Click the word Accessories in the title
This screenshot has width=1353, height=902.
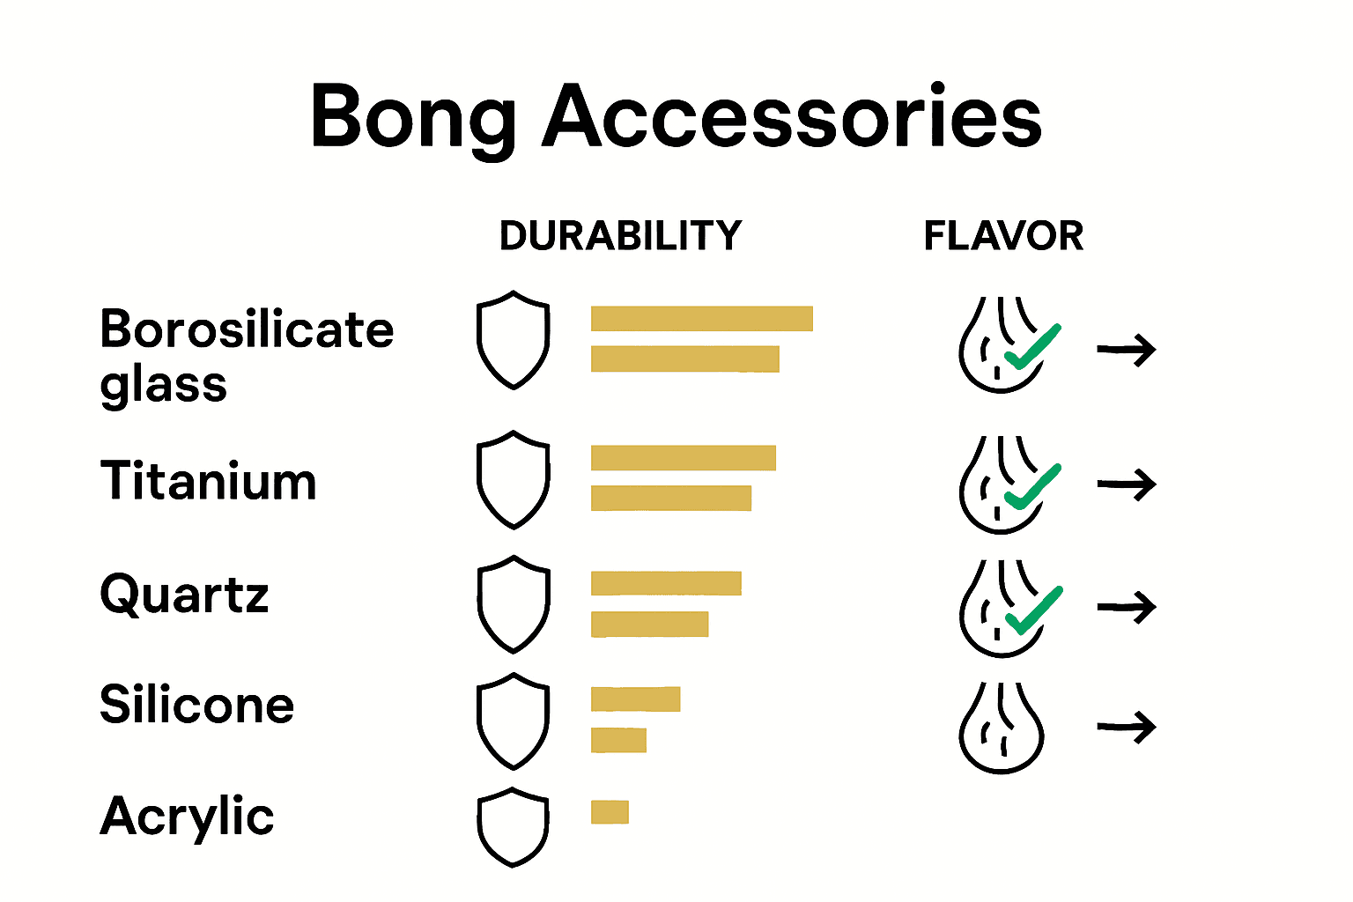[793, 117]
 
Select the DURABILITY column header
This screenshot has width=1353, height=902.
[620, 236]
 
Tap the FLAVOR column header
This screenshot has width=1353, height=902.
[1003, 236]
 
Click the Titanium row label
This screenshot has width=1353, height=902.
[208, 482]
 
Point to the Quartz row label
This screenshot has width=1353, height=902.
[184, 595]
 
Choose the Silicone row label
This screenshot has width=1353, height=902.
[196, 705]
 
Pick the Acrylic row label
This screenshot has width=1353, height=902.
[187, 817]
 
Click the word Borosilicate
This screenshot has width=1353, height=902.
[247, 329]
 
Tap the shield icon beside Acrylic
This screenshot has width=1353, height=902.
[513, 826]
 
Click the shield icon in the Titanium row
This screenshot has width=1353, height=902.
[513, 480]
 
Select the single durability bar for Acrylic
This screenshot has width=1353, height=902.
[610, 811]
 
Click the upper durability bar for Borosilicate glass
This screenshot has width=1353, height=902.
[701, 318]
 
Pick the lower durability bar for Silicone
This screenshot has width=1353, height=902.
[618, 740]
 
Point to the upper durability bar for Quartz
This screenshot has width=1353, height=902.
[666, 583]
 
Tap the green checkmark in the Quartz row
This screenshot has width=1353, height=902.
[1032, 610]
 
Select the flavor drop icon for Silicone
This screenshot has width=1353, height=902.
[1002, 728]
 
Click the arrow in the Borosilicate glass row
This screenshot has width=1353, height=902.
[1127, 350]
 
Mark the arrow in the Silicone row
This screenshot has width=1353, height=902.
[1127, 728]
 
